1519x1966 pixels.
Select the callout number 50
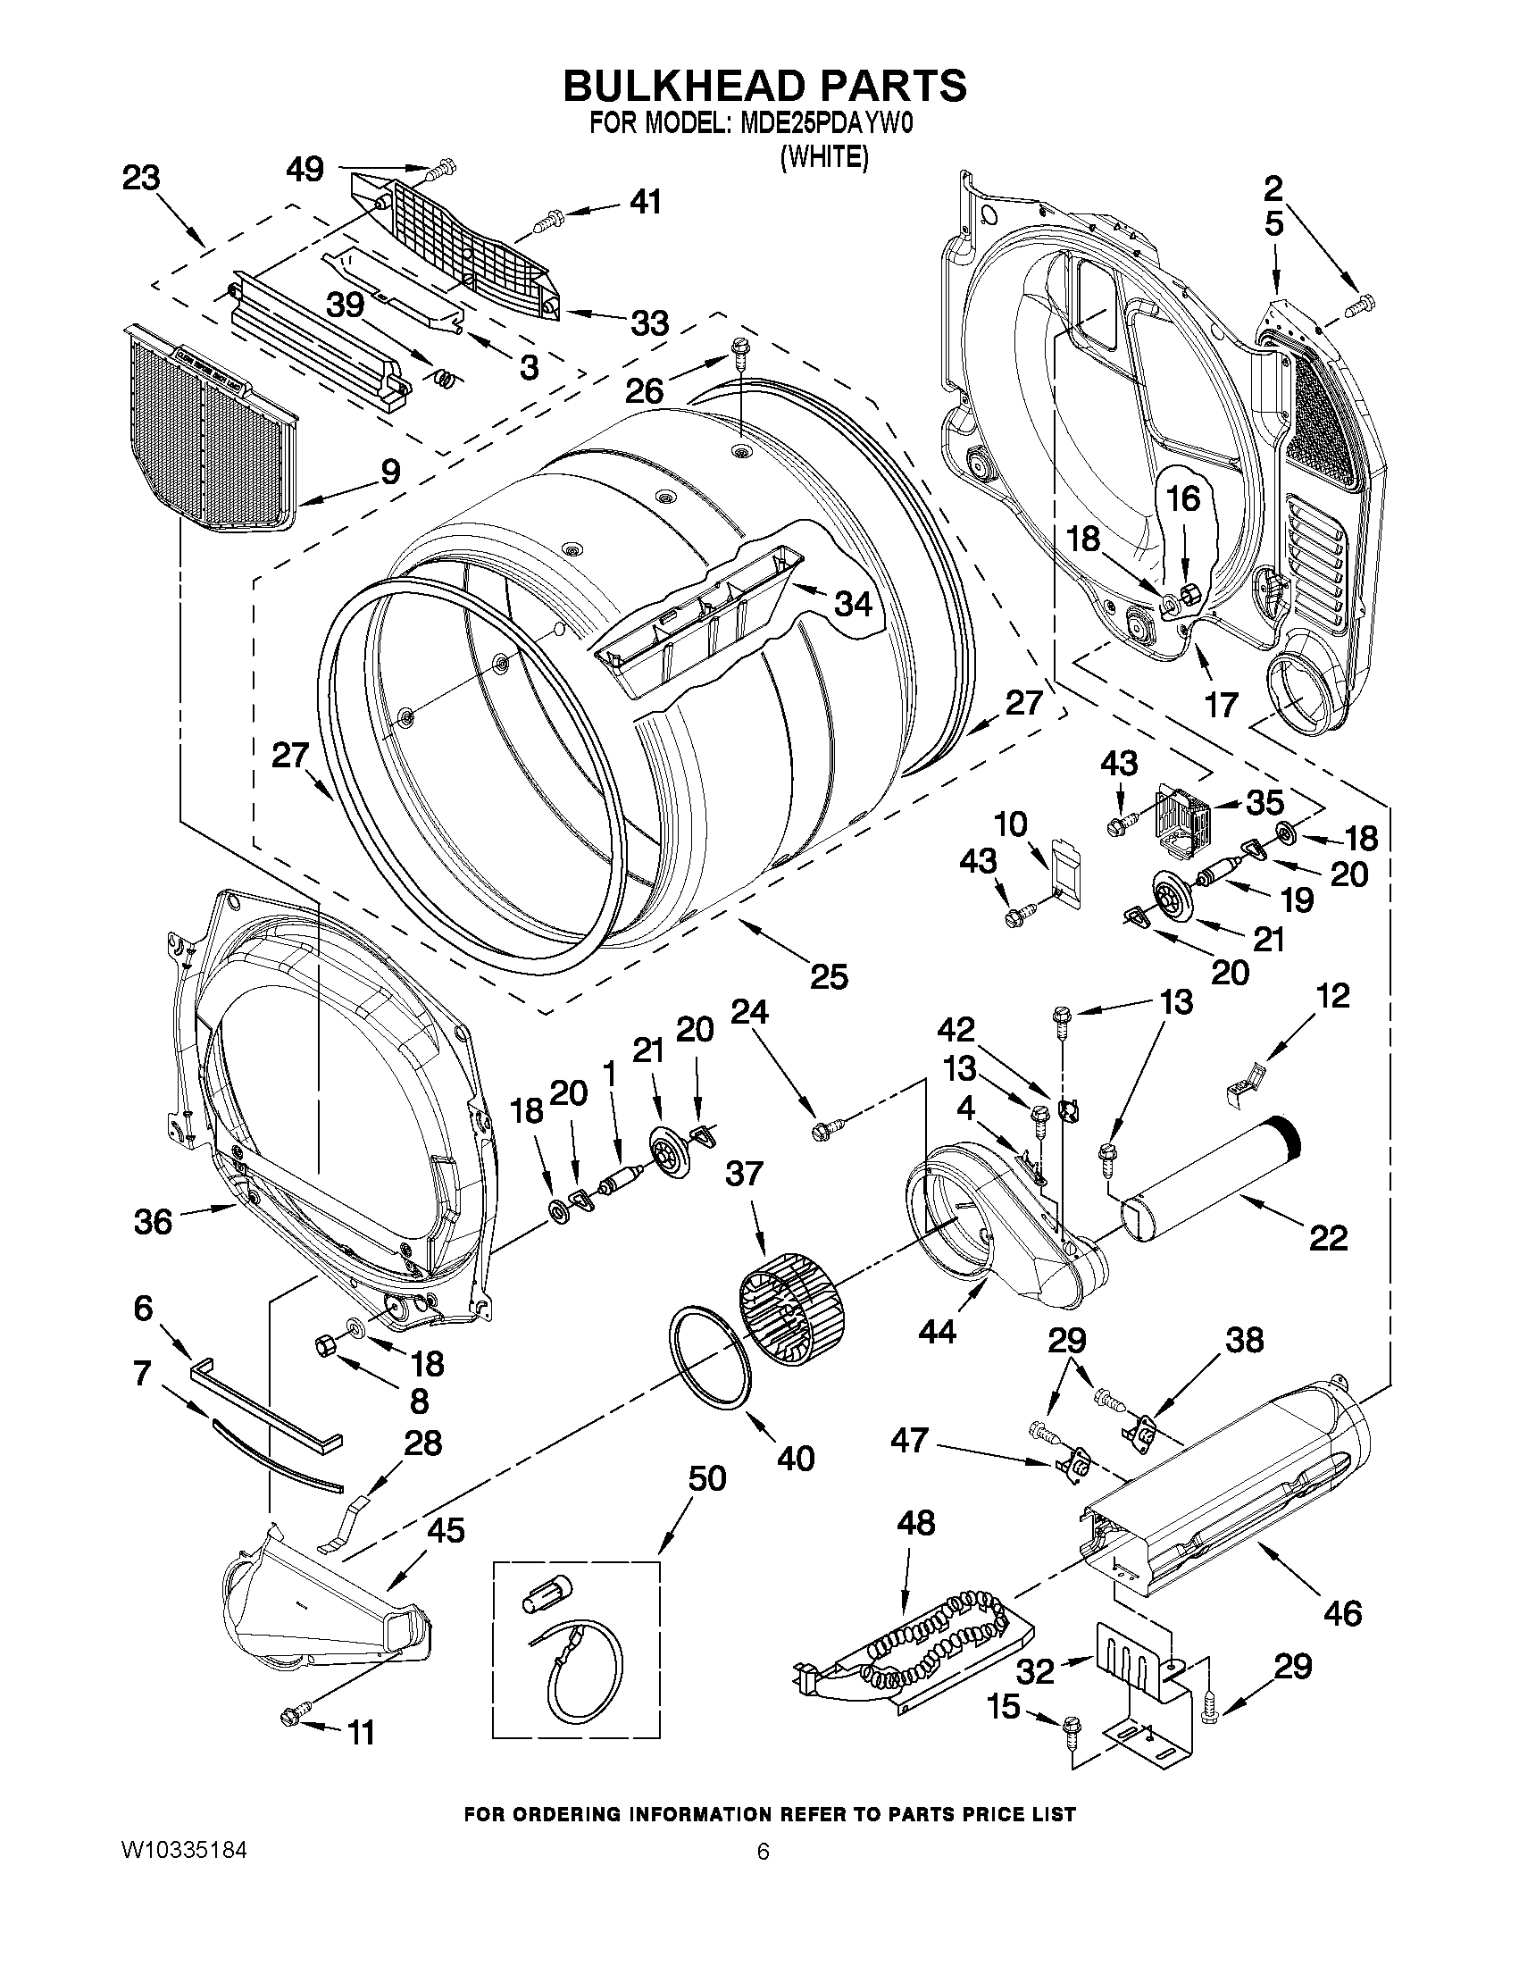point(706,1479)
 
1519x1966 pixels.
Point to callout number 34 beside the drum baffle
point(852,604)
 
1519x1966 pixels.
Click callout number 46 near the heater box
point(1342,1612)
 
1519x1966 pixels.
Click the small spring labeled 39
point(443,380)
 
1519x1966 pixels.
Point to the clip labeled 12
point(1245,1077)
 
